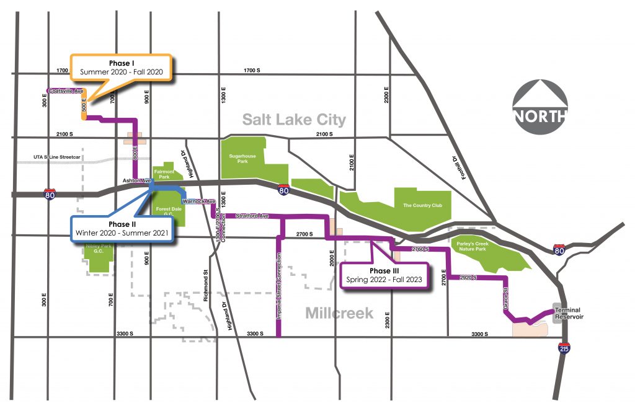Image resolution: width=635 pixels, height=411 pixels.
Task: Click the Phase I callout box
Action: (x=122, y=68)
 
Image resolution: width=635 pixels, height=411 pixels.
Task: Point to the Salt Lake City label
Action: (x=294, y=119)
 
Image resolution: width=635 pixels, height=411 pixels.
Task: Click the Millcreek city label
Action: (x=339, y=313)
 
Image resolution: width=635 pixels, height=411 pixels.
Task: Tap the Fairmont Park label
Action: (x=164, y=173)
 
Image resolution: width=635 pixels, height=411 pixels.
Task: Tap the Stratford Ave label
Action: (x=252, y=216)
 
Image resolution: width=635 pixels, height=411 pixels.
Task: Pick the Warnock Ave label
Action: (x=198, y=201)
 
